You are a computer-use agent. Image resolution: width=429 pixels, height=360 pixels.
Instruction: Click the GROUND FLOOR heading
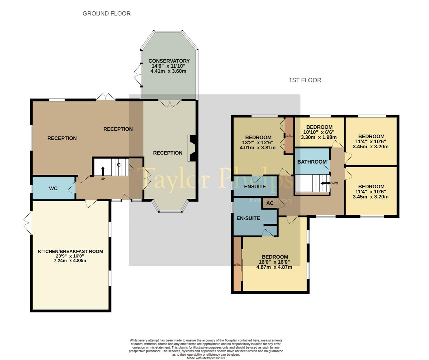coord(106,14)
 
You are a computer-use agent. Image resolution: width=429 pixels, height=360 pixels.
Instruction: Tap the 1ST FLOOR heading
coord(305,80)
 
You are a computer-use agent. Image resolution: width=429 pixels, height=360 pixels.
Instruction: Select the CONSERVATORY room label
coord(169,61)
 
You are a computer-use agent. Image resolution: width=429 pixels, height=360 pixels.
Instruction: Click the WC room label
coord(53,188)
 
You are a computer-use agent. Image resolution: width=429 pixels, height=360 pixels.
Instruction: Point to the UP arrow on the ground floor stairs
coord(102,171)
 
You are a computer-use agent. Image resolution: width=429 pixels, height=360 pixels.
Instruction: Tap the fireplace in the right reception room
coord(192,148)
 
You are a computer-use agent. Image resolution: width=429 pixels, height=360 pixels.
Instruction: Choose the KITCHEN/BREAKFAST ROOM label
coord(70,251)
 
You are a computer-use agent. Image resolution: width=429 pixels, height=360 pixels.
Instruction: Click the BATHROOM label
coord(312,162)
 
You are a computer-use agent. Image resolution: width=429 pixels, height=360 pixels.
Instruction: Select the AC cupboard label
coord(270,203)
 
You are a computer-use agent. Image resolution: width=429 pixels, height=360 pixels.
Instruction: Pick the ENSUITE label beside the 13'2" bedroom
coord(255,187)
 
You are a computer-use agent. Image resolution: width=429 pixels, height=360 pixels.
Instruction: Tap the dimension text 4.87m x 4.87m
coord(274,267)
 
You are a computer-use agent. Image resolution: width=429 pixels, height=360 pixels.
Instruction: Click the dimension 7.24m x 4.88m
coord(70,260)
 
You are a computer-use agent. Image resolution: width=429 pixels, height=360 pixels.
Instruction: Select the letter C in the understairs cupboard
coord(118,165)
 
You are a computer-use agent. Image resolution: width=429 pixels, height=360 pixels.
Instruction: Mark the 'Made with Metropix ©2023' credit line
coord(206,358)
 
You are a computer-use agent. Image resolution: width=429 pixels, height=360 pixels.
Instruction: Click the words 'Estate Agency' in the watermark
coord(271,200)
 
